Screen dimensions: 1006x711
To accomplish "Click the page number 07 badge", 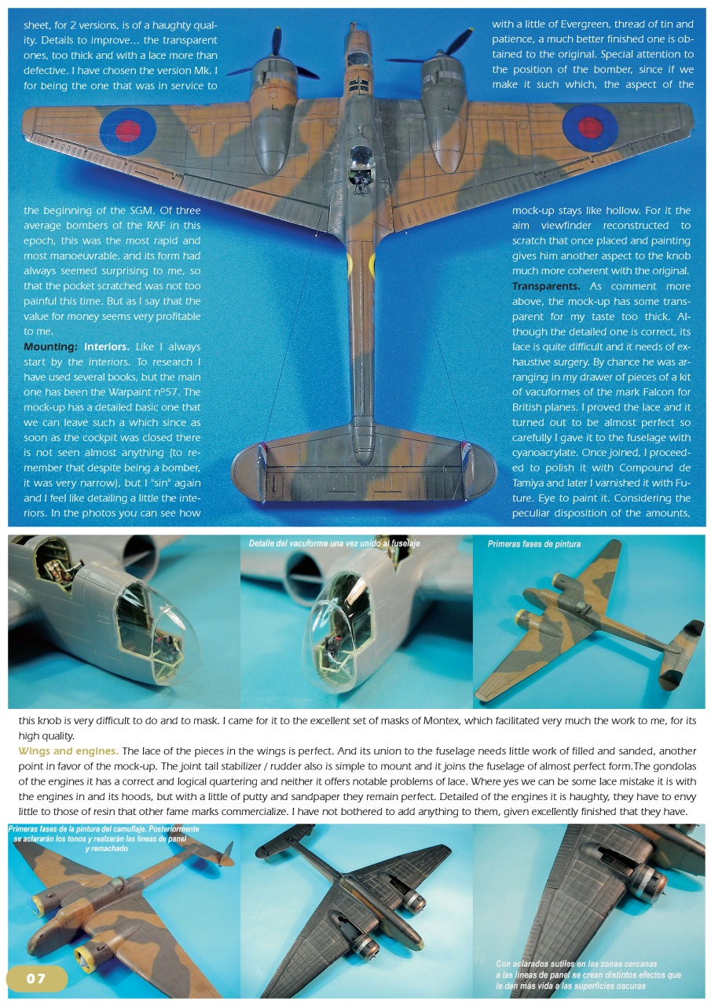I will coord(36,978).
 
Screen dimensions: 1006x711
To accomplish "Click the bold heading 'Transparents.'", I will coord(546,286).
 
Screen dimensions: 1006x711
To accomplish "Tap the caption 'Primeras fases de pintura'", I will coord(534,544).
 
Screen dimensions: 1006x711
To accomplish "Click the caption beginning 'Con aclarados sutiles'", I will coord(588,975).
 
